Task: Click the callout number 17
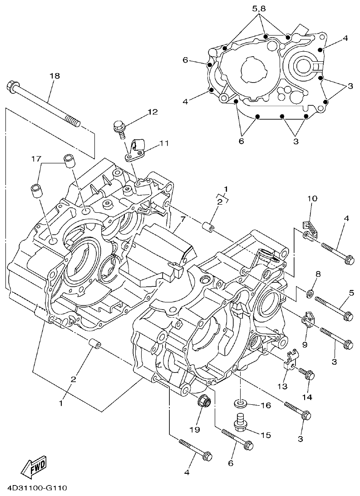[x=36, y=158]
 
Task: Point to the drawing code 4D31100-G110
[x=37, y=488]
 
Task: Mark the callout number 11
[x=163, y=143]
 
